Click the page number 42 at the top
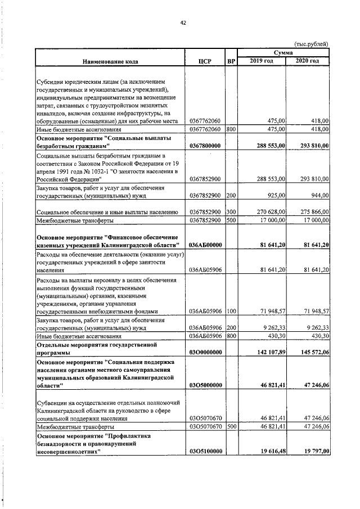pyautogui.click(x=183, y=22)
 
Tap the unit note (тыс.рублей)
pyautogui.click(x=311, y=44)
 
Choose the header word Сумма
pyautogui.click(x=283, y=52)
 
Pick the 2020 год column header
pyautogui.click(x=308, y=61)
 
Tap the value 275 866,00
pyautogui.click(x=313, y=211)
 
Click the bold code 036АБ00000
pyautogui.click(x=206, y=245)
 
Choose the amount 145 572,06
pyautogui.click(x=311, y=352)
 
